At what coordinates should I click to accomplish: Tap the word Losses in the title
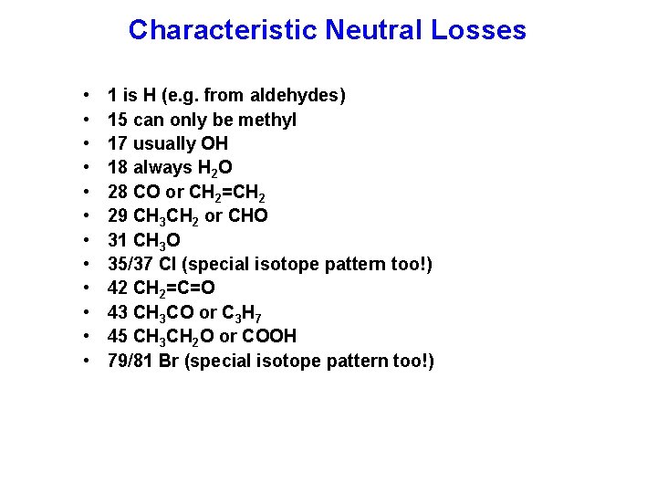(x=479, y=30)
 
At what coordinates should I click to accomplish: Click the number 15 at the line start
(x=117, y=120)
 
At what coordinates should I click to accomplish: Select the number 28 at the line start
(x=117, y=192)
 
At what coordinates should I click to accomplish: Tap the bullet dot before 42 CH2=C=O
(x=85, y=288)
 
